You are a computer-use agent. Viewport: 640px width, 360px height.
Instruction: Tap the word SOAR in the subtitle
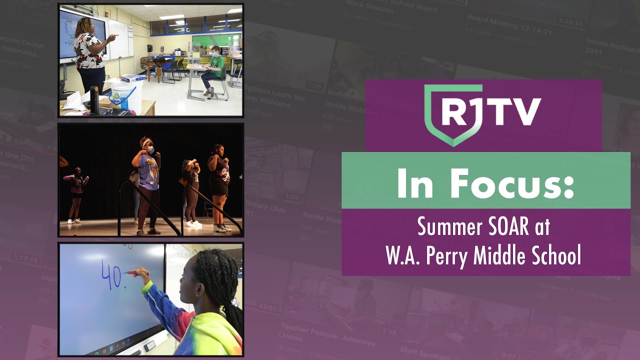coord(509,227)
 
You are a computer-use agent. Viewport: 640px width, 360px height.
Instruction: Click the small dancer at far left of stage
coord(76,192)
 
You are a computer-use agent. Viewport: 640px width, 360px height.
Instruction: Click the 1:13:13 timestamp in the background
coord(26,259)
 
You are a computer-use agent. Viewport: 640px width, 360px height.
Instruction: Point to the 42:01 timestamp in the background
coord(267,307)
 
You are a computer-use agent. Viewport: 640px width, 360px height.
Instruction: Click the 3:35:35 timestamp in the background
coord(570,23)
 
